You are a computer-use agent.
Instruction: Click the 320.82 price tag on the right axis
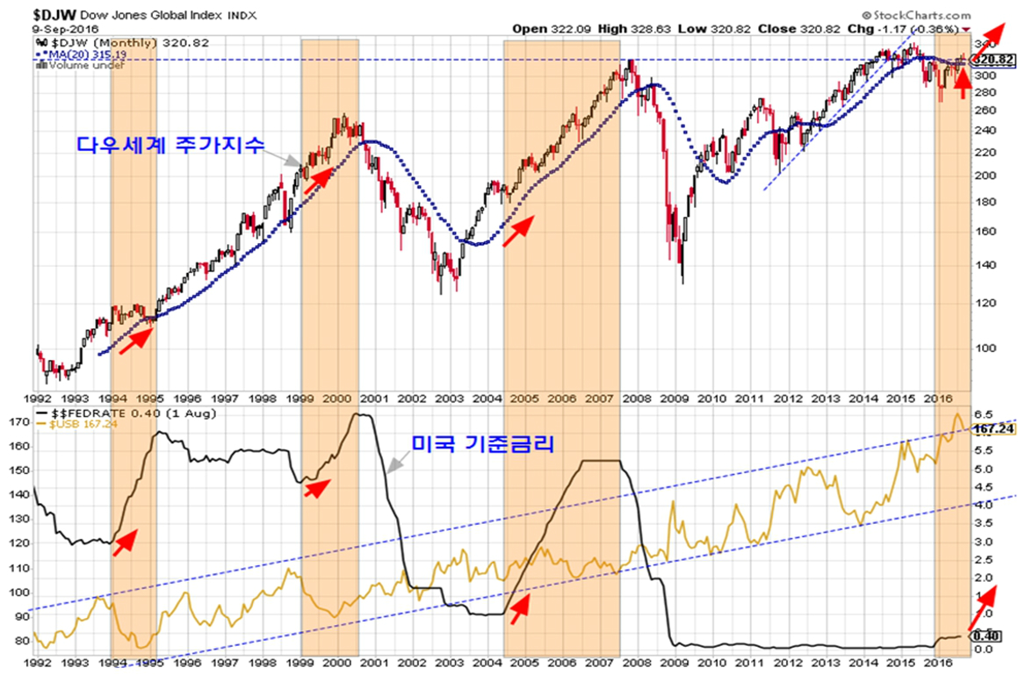click(994, 61)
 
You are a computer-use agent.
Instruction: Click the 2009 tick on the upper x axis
click(675, 397)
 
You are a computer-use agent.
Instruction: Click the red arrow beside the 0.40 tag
click(984, 606)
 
